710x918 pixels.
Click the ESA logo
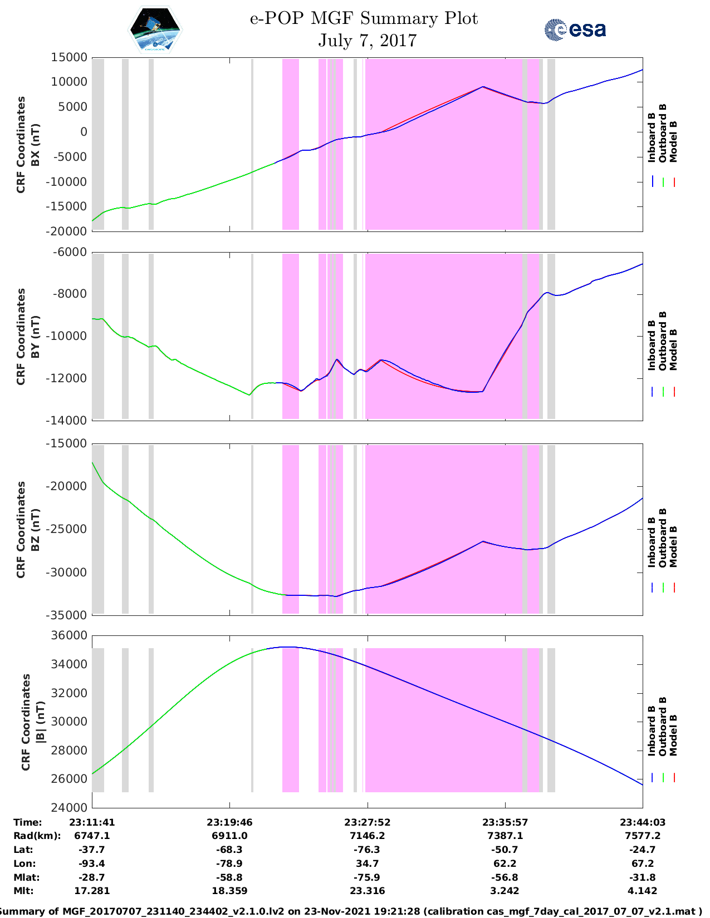(575, 29)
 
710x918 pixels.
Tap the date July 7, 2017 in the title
(367, 41)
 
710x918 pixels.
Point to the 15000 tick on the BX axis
(68, 57)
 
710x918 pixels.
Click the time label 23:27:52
(367, 822)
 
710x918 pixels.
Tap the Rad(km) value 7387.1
(505, 836)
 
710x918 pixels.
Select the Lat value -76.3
(367, 850)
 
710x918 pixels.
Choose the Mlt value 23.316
(367, 891)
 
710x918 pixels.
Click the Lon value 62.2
(505, 863)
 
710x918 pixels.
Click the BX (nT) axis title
(35, 145)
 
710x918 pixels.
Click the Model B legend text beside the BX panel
(673, 141)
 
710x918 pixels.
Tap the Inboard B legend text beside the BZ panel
(652, 542)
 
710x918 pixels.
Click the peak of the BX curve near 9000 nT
(483, 87)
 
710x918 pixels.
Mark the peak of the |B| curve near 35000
(290, 647)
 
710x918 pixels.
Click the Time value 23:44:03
(643, 822)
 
